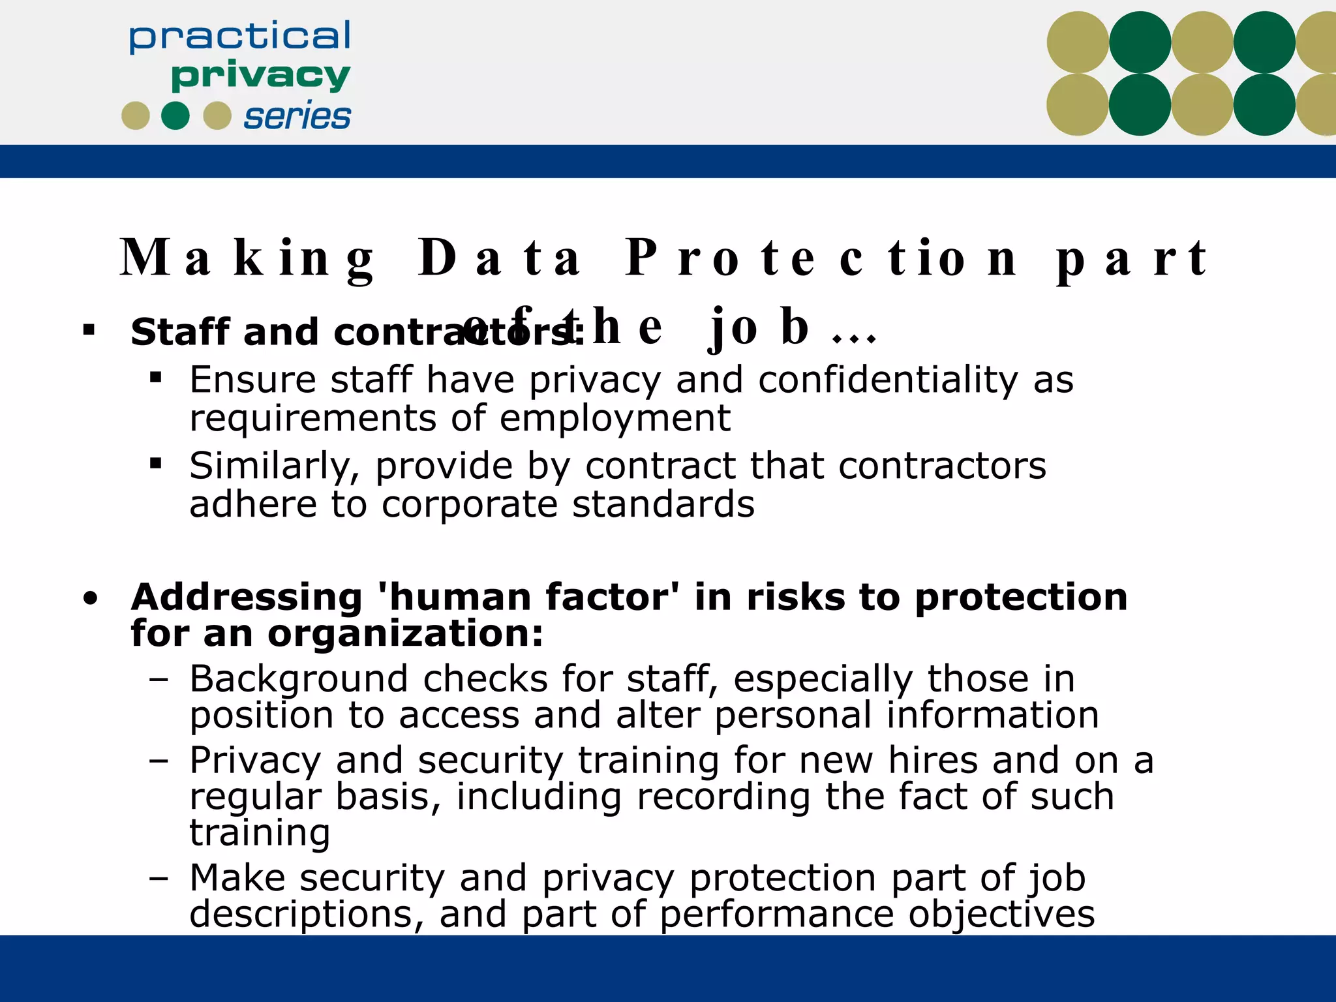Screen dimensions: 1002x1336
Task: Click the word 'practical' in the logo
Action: pyautogui.click(x=239, y=37)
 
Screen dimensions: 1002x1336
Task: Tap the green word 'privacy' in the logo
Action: pyautogui.click(x=260, y=76)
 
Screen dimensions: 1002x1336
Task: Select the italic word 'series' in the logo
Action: pyautogui.click(x=297, y=117)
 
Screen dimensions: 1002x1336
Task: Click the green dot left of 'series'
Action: pyautogui.click(x=175, y=116)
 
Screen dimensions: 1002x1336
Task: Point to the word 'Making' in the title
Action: pyautogui.click(x=248, y=258)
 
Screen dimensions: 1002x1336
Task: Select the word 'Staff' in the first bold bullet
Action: pyautogui.click(x=179, y=332)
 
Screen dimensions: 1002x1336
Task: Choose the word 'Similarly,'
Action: pyautogui.click(x=275, y=466)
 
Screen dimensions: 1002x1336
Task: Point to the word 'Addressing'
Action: pyautogui.click(x=246, y=597)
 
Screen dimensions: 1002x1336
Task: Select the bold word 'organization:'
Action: pyautogui.click(x=405, y=633)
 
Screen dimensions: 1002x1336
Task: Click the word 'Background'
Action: pyautogui.click(x=299, y=679)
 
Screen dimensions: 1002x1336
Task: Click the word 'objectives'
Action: pyautogui.click(x=1001, y=915)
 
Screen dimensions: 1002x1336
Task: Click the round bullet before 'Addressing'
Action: pyautogui.click(x=91, y=598)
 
